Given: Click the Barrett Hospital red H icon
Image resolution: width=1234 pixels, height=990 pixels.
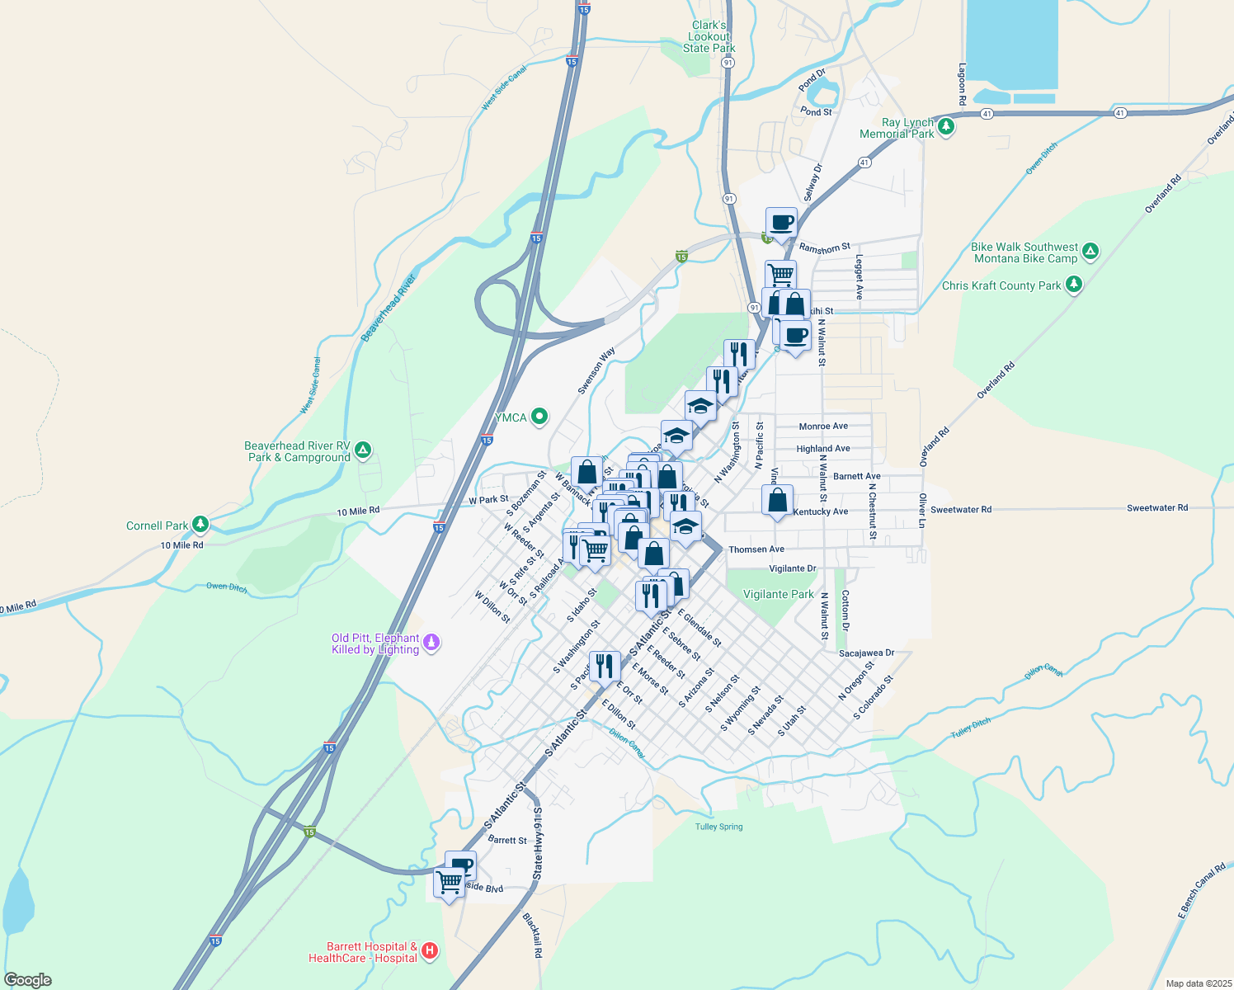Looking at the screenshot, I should [430, 951].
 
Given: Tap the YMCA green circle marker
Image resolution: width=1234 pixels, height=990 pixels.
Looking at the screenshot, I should [539, 417].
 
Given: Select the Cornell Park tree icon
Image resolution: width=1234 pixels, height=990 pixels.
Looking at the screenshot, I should [200, 525].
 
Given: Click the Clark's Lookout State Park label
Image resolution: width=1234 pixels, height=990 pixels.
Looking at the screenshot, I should [709, 36].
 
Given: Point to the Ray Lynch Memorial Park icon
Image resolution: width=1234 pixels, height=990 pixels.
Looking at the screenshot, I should [946, 126].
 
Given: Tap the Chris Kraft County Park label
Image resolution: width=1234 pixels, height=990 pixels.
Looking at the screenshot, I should [1001, 285].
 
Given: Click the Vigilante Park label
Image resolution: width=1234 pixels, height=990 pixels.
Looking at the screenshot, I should [778, 594].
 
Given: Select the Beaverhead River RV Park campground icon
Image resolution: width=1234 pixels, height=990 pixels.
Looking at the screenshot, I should [363, 450].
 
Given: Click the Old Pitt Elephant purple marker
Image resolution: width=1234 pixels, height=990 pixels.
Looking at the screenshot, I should [431, 642].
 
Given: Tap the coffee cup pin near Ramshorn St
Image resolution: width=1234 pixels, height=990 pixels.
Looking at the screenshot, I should [781, 223].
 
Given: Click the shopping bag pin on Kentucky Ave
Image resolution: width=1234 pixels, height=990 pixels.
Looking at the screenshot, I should [777, 500].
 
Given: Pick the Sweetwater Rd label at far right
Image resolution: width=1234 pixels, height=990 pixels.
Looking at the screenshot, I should [1157, 507].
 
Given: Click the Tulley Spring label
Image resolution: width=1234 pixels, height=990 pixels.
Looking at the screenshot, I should [718, 827].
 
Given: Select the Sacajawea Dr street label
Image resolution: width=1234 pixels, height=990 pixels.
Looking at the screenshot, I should [866, 653].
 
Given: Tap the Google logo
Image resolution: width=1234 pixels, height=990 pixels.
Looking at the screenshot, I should [28, 980].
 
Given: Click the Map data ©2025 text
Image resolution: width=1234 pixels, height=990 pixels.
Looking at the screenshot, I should [1196, 983].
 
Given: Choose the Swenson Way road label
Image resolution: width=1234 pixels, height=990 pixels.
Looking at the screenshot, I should [596, 371].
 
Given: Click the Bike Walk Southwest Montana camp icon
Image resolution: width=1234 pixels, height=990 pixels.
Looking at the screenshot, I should [1090, 251].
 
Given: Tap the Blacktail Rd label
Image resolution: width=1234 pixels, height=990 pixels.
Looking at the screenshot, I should [533, 935].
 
